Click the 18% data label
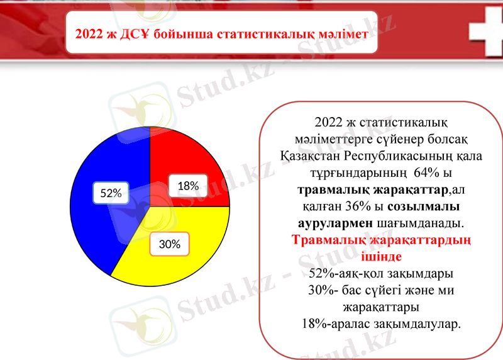188,186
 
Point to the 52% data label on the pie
111,194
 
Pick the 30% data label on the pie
169,244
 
